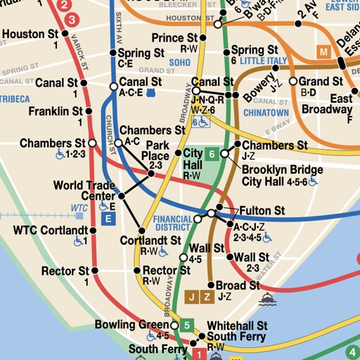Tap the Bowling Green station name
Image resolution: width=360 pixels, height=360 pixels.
(132, 325)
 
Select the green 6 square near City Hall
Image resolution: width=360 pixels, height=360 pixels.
(212, 154)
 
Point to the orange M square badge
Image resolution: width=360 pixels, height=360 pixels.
(324, 51)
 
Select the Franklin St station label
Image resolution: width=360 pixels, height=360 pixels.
(56, 111)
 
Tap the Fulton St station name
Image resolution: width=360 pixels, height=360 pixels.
(262, 210)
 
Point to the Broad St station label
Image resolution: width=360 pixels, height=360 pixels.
(238, 285)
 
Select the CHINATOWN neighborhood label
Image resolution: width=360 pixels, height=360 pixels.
(266, 112)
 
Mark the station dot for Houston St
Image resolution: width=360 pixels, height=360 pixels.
(65, 33)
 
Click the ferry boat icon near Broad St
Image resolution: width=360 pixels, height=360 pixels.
(266, 300)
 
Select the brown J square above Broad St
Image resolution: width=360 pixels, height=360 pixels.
(192, 296)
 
